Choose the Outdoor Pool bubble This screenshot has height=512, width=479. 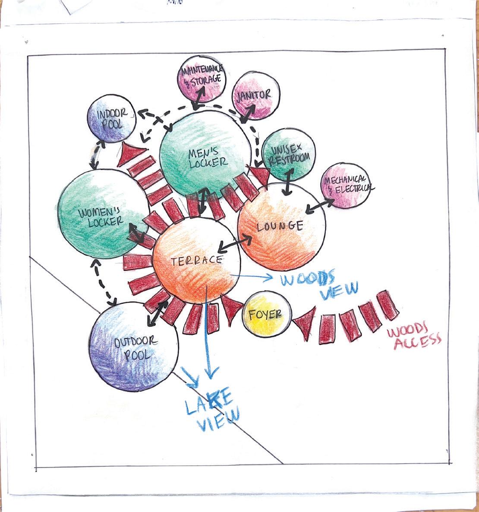pos(134,348)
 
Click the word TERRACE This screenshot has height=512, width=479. pos(196,261)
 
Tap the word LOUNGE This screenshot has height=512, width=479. pos(280,226)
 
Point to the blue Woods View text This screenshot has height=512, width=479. pos(319,283)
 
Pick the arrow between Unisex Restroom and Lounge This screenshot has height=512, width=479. pos(288,181)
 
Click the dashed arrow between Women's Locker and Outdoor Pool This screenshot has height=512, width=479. pos(103,281)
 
